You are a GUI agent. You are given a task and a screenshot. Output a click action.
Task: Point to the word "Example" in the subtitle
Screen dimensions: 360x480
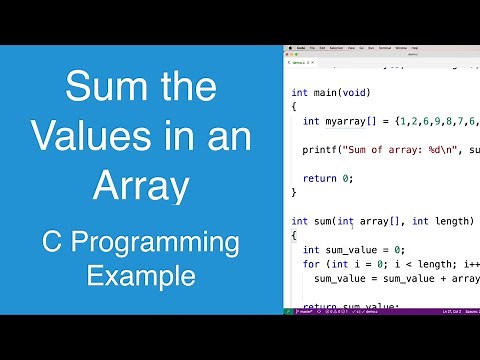point(139,273)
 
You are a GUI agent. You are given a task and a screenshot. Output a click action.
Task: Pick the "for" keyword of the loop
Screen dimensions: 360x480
point(311,264)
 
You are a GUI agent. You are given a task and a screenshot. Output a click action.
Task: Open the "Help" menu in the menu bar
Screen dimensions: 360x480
point(415,47)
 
